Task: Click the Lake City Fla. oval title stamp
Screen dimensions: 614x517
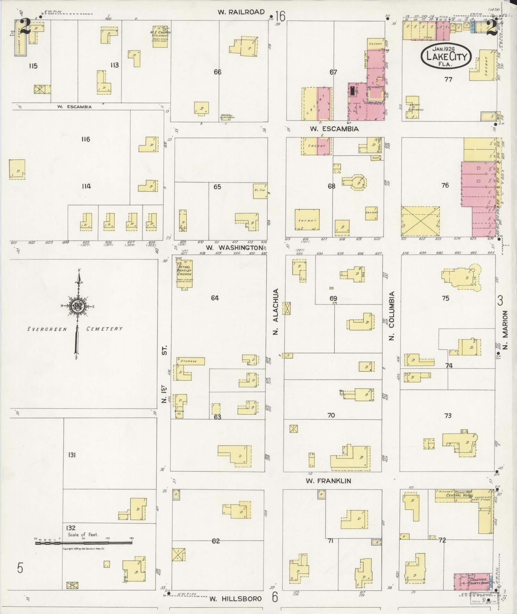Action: pos(446,56)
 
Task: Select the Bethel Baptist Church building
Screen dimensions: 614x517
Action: pos(184,272)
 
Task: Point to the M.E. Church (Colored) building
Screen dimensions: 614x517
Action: pos(160,37)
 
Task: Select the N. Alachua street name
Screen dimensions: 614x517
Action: pos(276,312)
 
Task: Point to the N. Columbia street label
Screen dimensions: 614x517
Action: pos(391,316)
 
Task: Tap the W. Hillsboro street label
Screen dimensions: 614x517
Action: pos(236,599)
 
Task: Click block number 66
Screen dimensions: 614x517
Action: pos(217,72)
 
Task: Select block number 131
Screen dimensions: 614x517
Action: pos(71,455)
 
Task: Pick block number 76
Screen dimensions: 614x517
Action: pos(445,185)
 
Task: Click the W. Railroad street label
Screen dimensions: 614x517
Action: pos(241,12)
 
